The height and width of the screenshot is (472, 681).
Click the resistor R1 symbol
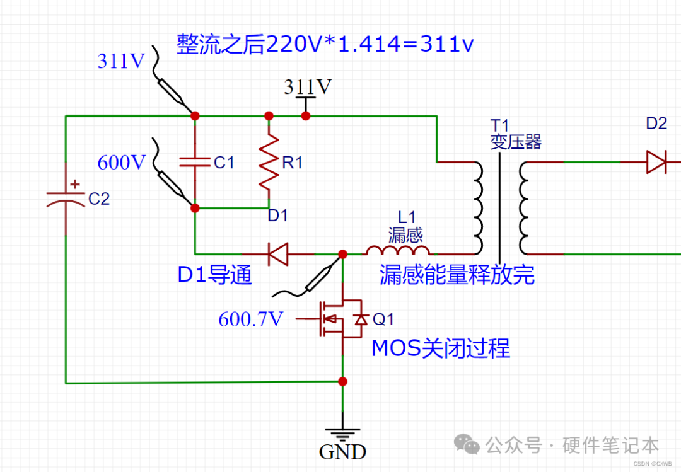[x=269, y=162]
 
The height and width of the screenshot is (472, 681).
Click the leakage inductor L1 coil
[x=399, y=251]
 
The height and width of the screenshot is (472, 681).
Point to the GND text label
[x=342, y=452]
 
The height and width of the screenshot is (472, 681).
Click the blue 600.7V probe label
[x=250, y=319]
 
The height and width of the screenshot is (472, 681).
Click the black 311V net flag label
[x=307, y=87]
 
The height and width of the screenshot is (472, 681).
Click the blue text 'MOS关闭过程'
[x=440, y=348]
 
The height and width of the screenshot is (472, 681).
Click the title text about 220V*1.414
[x=325, y=45]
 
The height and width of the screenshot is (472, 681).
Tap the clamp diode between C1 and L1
[x=276, y=254]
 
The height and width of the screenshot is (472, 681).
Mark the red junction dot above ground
[x=343, y=381]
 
